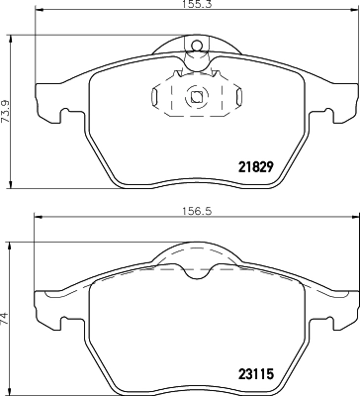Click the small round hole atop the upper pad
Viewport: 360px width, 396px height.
(x=197, y=44)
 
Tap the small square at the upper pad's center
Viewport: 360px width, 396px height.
(x=197, y=97)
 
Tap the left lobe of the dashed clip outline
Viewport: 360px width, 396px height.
(x=158, y=97)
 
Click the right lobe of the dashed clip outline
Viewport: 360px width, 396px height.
(x=234, y=97)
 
